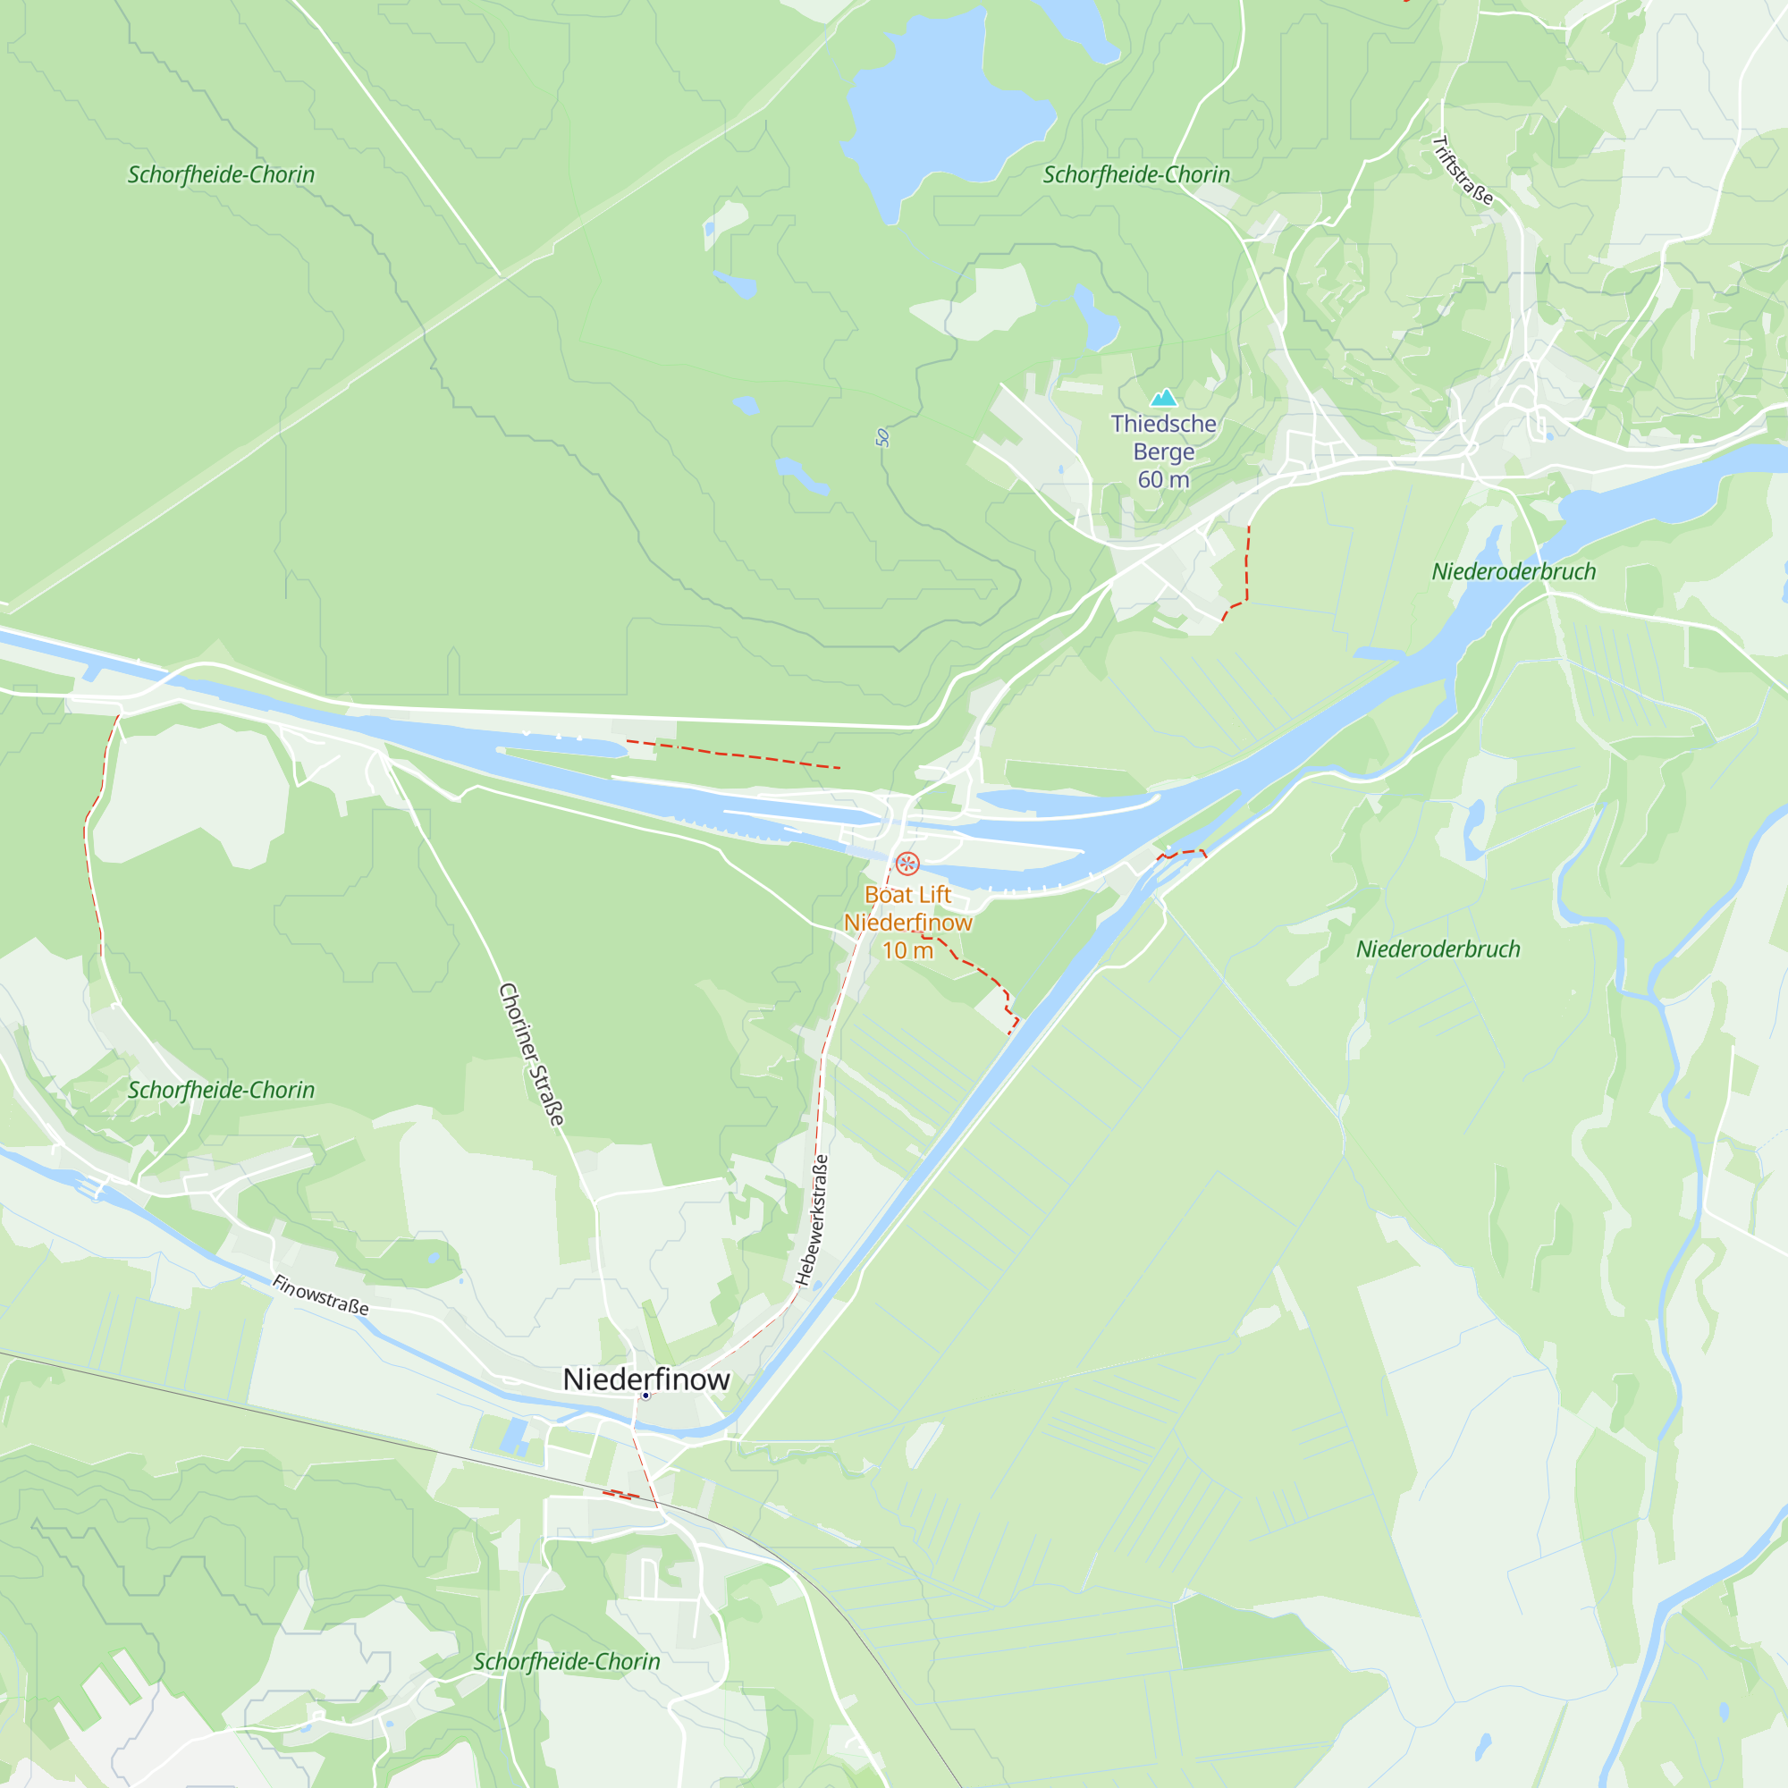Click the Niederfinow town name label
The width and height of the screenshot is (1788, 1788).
pos(646,1379)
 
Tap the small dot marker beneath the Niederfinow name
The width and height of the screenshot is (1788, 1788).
pos(646,1396)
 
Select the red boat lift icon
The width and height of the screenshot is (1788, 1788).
pos(907,864)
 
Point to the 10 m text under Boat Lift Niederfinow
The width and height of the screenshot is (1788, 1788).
pos(907,950)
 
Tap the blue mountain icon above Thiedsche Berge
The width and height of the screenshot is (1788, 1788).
pos(1163,398)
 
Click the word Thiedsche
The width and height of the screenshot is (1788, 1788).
pos(1163,424)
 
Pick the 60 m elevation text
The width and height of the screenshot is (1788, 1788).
pos(1163,479)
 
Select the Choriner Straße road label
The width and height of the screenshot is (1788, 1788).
pos(531,1054)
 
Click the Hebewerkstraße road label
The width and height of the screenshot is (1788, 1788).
pos(813,1219)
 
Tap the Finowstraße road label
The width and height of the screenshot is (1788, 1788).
pos(320,1295)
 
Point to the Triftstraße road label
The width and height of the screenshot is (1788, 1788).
pos(1463,170)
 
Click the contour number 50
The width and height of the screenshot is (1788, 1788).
pos(882,438)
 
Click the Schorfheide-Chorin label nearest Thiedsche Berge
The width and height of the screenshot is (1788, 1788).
pos(1136,175)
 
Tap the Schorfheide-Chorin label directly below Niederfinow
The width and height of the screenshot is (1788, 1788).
pos(567,1662)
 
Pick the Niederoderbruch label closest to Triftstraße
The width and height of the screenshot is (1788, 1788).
pos(1514,572)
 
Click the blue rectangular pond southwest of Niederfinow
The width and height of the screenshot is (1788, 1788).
pos(515,1436)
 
